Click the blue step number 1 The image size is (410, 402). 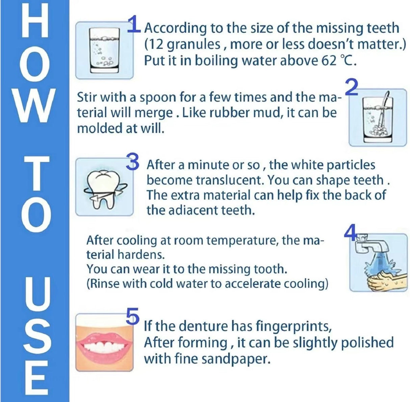click(x=134, y=24)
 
